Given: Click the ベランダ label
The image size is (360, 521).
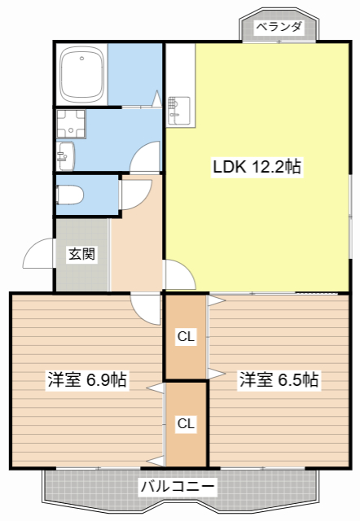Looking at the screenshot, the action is (x=279, y=27).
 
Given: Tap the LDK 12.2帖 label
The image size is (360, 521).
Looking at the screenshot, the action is (x=257, y=166).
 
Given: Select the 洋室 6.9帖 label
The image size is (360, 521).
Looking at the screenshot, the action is (x=87, y=379).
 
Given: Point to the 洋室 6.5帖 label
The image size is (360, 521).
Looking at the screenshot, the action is (x=279, y=379).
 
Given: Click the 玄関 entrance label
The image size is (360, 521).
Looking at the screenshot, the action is (x=81, y=254).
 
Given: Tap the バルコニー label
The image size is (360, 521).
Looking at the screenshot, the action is (x=178, y=487).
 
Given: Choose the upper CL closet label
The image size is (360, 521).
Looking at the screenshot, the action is (x=186, y=336).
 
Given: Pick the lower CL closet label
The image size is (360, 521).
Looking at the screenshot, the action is (x=186, y=423).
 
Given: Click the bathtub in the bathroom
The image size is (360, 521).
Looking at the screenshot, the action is (x=81, y=75).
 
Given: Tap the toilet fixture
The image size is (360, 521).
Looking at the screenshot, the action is (x=69, y=195).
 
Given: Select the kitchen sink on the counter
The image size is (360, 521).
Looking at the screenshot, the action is (x=179, y=110).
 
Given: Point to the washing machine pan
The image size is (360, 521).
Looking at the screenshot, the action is (x=71, y=124).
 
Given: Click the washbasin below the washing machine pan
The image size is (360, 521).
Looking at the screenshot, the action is (x=65, y=156).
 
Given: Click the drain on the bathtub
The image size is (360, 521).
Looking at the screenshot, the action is (x=81, y=59).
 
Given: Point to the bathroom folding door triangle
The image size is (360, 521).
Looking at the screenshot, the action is (x=157, y=98).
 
